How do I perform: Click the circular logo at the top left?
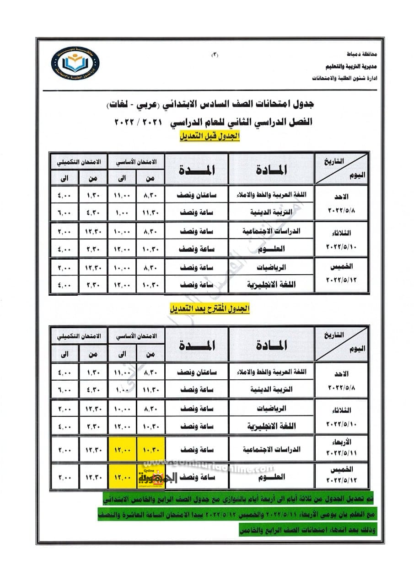(x=75, y=63)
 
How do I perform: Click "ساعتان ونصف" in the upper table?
(x=197, y=195)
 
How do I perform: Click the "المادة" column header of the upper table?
(x=271, y=170)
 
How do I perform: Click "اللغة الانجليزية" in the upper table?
(x=274, y=284)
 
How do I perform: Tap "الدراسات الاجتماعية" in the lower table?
(x=272, y=449)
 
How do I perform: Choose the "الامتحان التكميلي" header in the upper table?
(x=79, y=162)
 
